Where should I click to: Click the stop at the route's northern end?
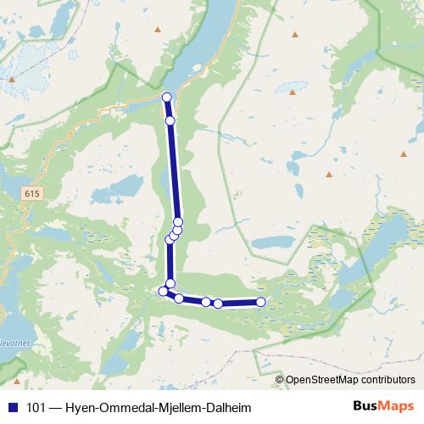(167, 97)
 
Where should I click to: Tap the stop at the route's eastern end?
(260, 302)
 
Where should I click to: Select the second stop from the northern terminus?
(170, 121)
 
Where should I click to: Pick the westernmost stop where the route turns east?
(164, 292)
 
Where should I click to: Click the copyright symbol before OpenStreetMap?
(280, 379)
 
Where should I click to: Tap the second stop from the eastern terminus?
(218, 304)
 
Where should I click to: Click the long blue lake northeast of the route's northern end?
(212, 42)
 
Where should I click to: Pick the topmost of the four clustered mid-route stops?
(178, 222)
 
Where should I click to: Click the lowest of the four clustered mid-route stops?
(169, 240)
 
